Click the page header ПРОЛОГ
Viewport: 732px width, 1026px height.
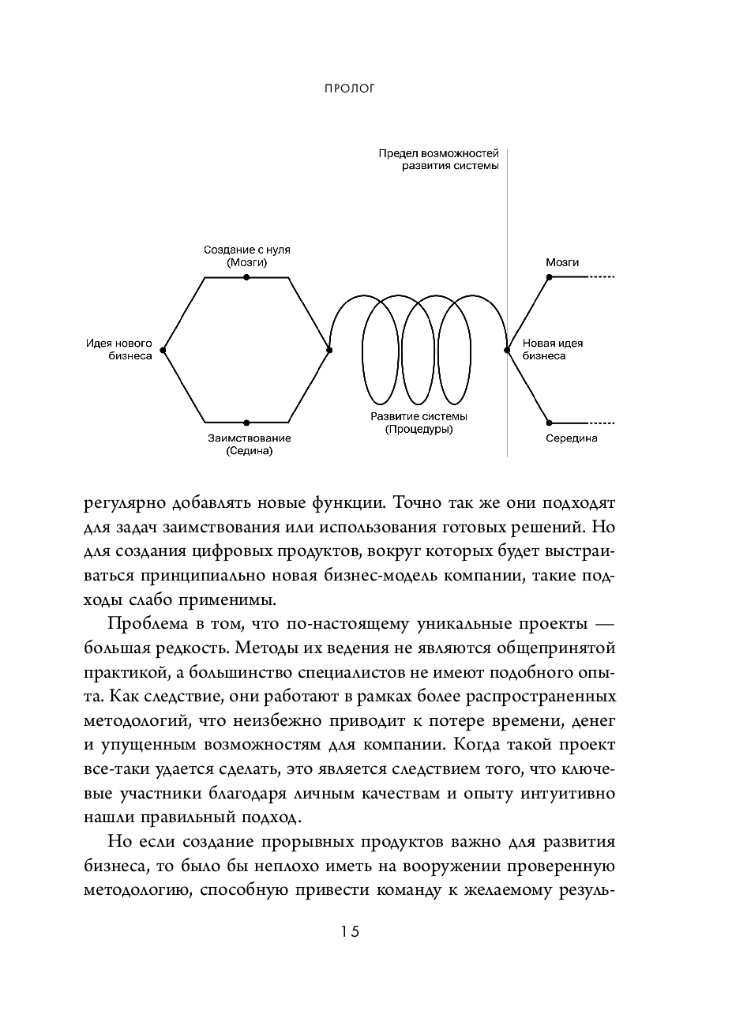(350, 88)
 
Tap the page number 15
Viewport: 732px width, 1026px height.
(350, 931)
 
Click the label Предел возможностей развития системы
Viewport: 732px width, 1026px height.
(438, 160)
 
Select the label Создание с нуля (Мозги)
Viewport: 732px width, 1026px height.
(246, 256)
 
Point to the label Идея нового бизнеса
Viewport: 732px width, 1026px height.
(119, 349)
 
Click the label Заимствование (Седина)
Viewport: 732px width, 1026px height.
(249, 445)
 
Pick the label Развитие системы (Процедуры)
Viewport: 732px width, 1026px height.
(419, 423)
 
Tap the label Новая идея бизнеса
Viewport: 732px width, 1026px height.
(552, 349)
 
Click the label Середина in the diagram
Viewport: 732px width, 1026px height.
(571, 438)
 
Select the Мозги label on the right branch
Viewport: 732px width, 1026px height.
(562, 261)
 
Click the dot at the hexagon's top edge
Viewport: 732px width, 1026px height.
(246, 277)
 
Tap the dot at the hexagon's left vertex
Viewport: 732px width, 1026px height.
(162, 350)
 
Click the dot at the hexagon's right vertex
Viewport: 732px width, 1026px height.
(330, 350)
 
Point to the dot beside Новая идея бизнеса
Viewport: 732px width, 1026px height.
(507, 350)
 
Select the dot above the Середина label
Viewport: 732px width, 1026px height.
(550, 423)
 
